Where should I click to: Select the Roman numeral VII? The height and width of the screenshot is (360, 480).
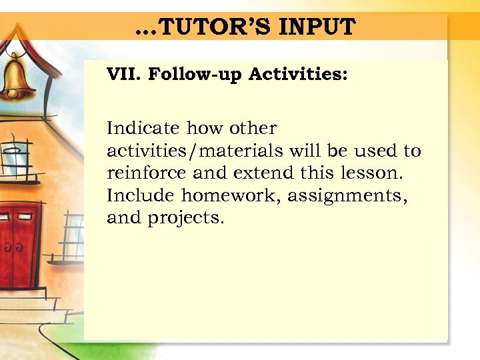coord(124,73)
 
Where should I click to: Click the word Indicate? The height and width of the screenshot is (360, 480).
coord(143,127)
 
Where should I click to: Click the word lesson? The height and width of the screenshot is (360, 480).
coord(369,173)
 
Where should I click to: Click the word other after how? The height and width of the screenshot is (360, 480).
coord(253,127)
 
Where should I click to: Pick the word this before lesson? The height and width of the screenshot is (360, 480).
coord(319,173)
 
